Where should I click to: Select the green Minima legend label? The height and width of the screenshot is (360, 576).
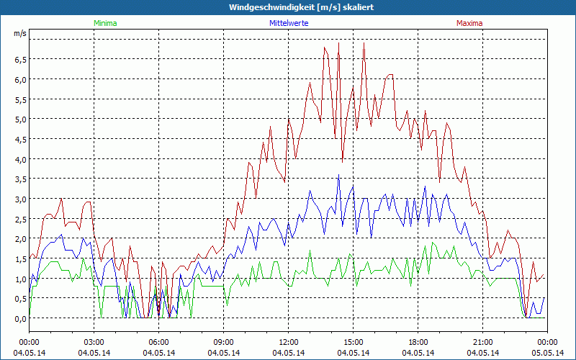click(x=104, y=23)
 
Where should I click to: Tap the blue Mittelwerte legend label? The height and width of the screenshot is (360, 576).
click(x=287, y=23)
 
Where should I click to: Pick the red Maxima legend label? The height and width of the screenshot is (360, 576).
click(x=469, y=23)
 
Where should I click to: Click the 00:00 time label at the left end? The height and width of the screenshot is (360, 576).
click(x=29, y=342)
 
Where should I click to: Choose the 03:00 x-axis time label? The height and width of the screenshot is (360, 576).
click(x=94, y=342)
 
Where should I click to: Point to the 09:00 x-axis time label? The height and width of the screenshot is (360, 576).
click(x=223, y=342)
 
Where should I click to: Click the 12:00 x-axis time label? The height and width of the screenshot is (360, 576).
click(x=288, y=342)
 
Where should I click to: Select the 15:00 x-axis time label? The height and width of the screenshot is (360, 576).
click(x=353, y=342)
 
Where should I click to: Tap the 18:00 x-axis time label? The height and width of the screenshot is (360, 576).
click(x=418, y=342)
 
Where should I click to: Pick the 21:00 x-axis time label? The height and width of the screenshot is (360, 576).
click(x=482, y=342)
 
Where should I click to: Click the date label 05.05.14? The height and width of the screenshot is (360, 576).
click(x=547, y=353)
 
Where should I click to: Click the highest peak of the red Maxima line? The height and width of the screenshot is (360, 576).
click(x=338, y=42)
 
